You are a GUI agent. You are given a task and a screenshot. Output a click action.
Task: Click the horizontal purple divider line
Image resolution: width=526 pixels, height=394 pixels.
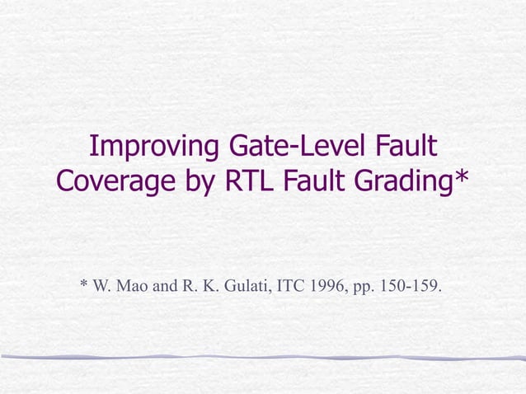pos(263,357)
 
